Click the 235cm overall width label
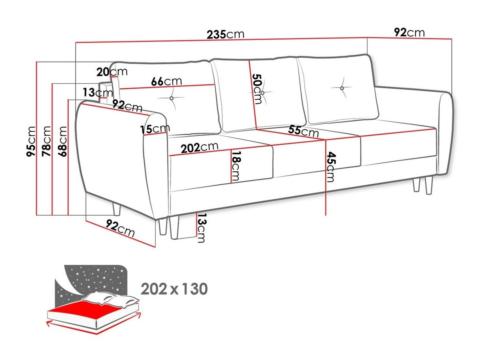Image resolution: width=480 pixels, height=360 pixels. click(225, 34)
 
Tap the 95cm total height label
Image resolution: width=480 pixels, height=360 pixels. click(31, 141)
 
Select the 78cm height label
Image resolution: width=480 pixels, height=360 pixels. click(46, 141)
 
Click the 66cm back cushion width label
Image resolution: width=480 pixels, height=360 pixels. click(166, 81)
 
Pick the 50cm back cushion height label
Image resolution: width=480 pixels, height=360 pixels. click(257, 89)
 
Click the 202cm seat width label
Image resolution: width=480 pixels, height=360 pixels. click(200, 148)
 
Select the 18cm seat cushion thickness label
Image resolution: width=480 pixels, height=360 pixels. click(236, 166)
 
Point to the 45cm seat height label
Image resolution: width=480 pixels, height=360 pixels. click(330, 167)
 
